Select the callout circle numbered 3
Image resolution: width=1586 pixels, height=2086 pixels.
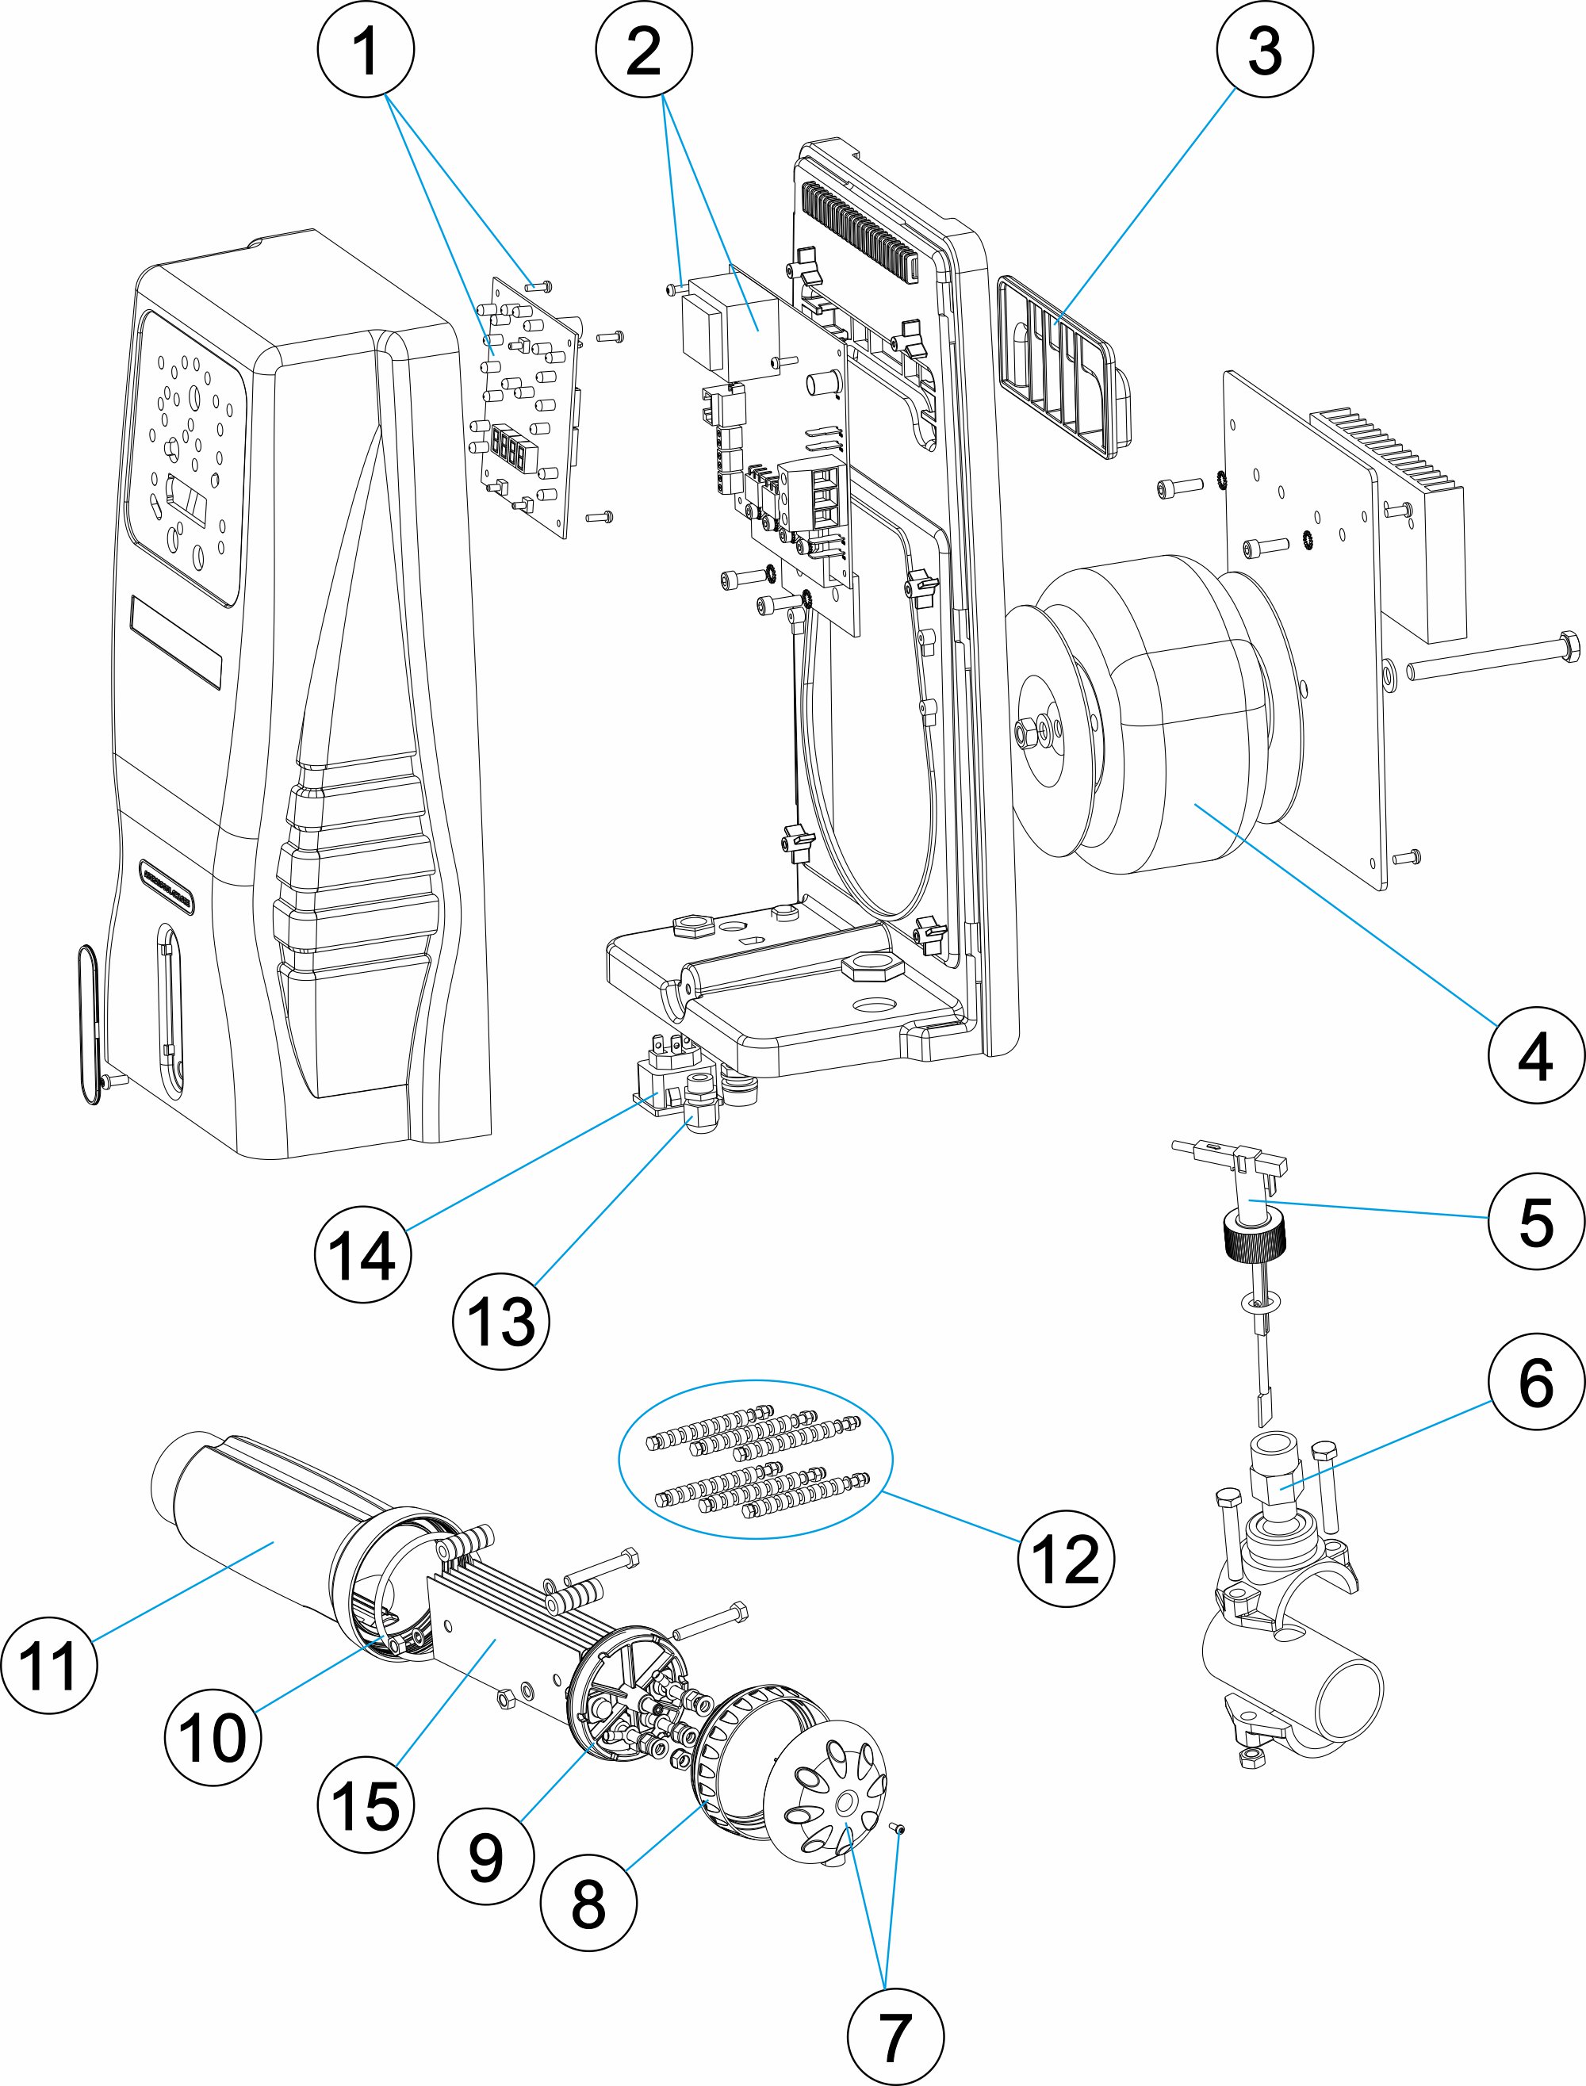[x=1264, y=48]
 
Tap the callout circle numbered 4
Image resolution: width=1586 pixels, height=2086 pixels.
[x=1536, y=1055]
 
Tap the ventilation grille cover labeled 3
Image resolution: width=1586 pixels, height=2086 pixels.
[x=1062, y=368]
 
